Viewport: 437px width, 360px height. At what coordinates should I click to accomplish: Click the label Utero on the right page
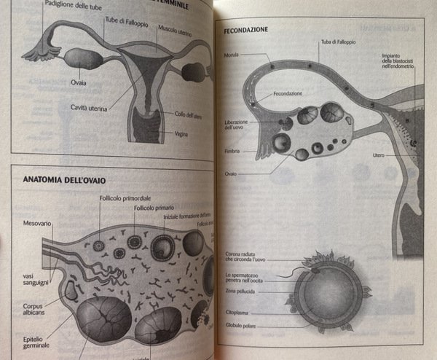(x=378, y=155)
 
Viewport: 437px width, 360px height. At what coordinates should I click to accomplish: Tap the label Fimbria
(x=233, y=152)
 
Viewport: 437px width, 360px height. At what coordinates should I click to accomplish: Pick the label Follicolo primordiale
(x=125, y=199)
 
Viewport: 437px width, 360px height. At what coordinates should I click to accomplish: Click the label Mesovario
(x=37, y=223)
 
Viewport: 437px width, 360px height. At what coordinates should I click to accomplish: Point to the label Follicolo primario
(x=154, y=208)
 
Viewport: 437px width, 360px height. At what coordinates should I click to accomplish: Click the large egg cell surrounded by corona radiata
(x=326, y=293)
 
